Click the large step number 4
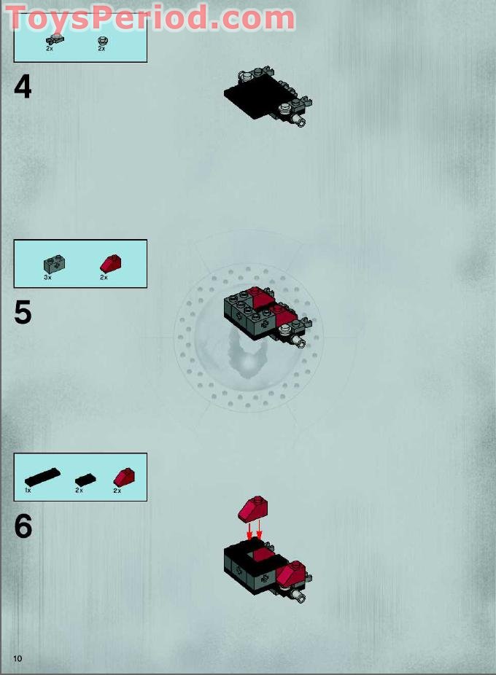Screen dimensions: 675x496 coord(23,87)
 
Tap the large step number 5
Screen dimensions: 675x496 coord(23,313)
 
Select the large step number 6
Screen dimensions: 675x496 coord(23,526)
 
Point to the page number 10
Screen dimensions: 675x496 coord(17,658)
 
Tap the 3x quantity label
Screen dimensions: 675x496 coord(47,278)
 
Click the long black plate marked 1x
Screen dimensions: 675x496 coord(42,477)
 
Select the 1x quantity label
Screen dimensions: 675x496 coord(28,491)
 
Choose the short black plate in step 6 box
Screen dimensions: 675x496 coord(85,479)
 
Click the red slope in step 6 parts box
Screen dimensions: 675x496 coord(124,477)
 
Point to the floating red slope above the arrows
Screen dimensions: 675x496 coord(253,509)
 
